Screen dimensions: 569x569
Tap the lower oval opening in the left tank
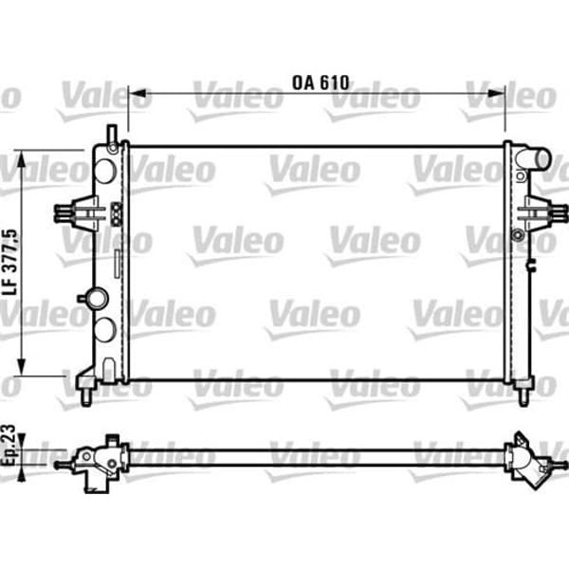tap(105, 329)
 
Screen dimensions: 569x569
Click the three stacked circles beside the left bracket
tap(117, 213)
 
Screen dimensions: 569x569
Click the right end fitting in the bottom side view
tap(525, 460)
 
